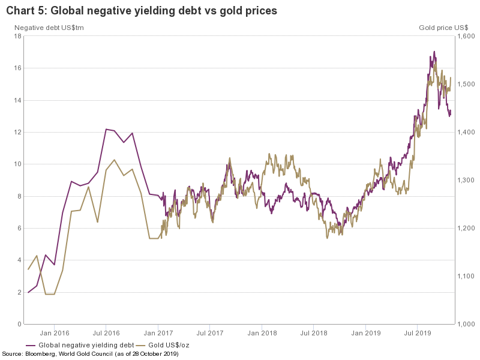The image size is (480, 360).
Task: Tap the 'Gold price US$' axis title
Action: coord(443,28)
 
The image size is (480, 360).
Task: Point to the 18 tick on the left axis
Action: coord(17,36)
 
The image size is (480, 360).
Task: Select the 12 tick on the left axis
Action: coord(17,132)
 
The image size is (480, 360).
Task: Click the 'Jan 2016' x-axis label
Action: coord(54,332)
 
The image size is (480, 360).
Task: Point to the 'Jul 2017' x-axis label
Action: coord(210,332)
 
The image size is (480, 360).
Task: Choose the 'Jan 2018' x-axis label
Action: coord(262,332)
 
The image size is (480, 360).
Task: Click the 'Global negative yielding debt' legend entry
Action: coord(85,345)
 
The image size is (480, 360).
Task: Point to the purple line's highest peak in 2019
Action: coord(434,52)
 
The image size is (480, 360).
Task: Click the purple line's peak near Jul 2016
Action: coord(106,129)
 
